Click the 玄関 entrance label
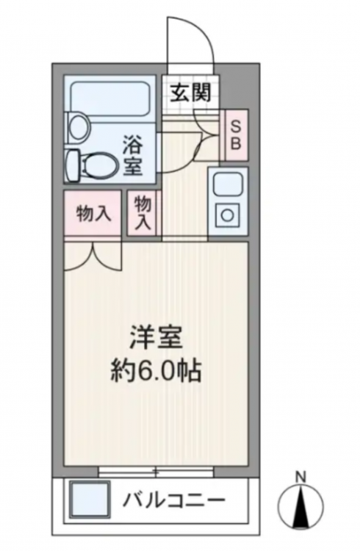coord(191,93)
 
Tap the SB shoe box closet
coord(236,135)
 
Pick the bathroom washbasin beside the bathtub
coord(77,127)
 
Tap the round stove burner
coord(228,214)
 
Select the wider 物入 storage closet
coord(93,213)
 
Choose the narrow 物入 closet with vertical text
coord(143,213)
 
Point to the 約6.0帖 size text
coord(156,371)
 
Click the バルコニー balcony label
coord(173,500)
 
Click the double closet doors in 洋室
coord(93,256)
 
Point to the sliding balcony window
coord(156,472)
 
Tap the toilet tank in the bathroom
coord(73,165)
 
